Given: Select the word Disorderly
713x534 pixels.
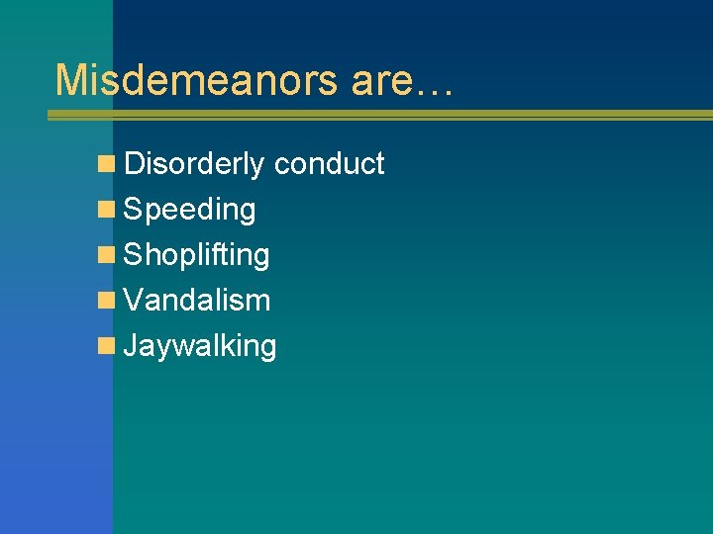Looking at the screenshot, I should pos(194,164).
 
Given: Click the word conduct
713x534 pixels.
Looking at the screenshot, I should pos(329,164).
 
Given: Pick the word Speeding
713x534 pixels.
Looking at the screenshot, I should pos(189,210).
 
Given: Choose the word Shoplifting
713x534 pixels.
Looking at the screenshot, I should pos(196,255).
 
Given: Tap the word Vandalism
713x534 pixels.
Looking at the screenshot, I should pos(196,301).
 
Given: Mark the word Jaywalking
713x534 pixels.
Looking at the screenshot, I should pos(199,346).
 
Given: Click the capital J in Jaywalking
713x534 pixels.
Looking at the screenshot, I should pos(132,346).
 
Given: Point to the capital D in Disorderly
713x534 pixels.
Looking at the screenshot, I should pos(135,164).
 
